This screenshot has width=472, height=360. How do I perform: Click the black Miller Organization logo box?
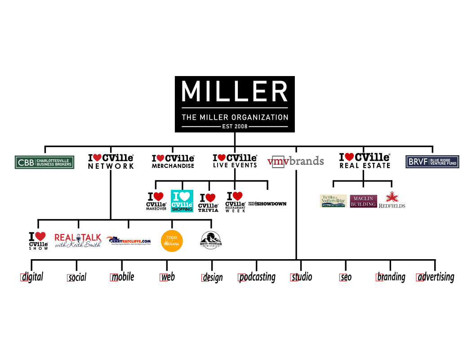235,104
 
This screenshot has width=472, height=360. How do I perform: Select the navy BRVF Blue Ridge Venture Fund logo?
432,162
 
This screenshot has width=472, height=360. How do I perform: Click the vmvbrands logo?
295,161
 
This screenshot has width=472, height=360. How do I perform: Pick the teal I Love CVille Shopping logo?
182,201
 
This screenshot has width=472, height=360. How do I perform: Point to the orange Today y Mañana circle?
172,241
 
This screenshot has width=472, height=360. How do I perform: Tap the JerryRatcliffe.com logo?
129,241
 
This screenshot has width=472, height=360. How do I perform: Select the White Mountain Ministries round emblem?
211,240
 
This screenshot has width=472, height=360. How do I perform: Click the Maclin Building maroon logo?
364,201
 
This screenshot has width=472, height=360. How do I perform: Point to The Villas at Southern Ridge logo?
333,201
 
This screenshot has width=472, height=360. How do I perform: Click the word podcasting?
257,277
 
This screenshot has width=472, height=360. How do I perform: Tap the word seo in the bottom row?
346,277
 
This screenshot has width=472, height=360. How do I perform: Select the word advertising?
435,277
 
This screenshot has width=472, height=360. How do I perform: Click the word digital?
32,277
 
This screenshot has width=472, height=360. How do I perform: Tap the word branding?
391,277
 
